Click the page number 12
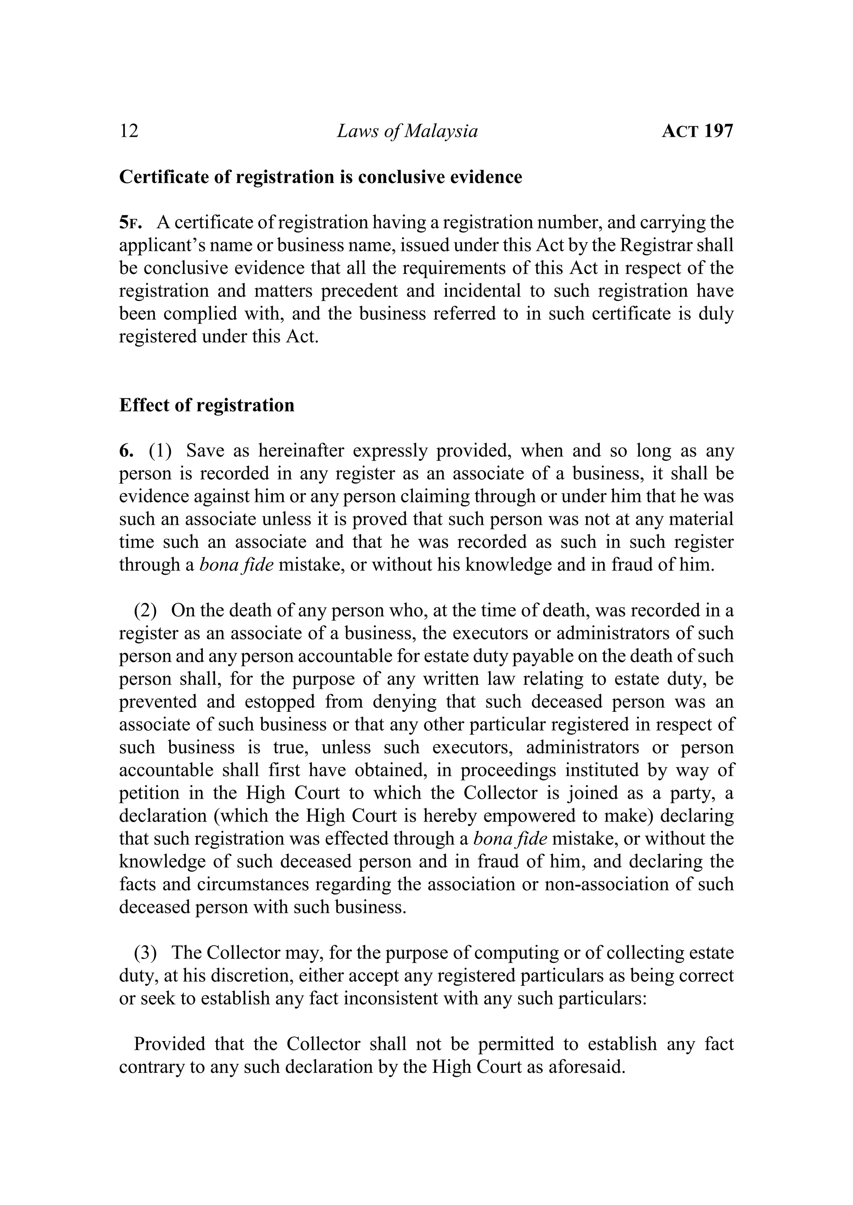(x=129, y=131)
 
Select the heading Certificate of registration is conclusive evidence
(x=320, y=177)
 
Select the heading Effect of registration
(x=207, y=405)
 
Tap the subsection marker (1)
(x=160, y=451)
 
